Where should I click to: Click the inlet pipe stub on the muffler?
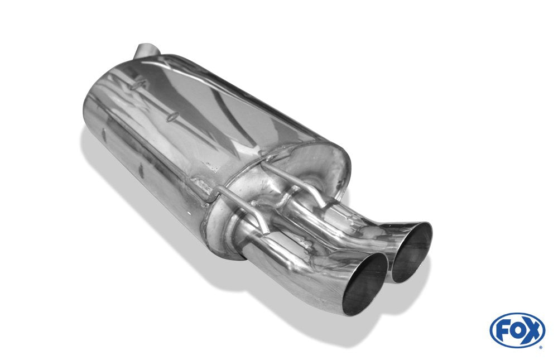tap(148, 49)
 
